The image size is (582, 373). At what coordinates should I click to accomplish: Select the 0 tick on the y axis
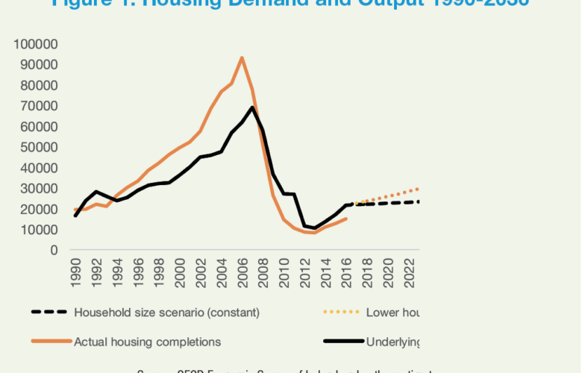point(54,250)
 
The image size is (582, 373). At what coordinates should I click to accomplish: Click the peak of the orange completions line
point(242,57)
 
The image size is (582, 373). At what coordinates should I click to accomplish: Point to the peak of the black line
point(253,107)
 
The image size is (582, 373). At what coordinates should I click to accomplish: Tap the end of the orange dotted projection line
point(419,188)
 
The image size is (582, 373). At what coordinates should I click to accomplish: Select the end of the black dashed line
point(419,201)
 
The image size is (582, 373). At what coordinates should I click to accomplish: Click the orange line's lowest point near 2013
point(315,233)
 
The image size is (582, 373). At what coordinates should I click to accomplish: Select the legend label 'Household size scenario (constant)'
point(167,312)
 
